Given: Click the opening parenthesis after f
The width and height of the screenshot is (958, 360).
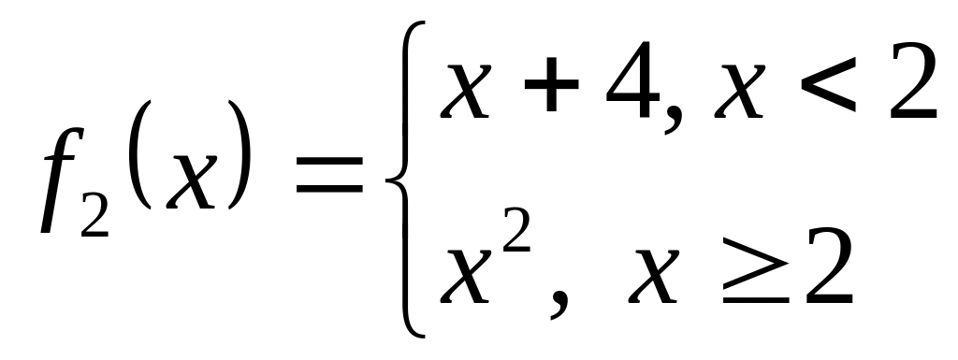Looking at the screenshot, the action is tap(140, 154).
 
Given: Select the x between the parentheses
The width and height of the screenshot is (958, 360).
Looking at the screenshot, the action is tap(192, 180).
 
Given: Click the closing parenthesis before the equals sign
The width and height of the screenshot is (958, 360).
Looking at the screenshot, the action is tap(239, 154).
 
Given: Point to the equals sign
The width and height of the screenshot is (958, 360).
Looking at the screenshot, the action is tap(329, 175).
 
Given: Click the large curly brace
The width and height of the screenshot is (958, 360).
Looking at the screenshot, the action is tap(404, 180).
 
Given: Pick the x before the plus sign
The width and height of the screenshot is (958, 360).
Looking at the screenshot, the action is tap(466, 91).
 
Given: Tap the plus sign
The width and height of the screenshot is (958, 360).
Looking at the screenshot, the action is tap(551, 85).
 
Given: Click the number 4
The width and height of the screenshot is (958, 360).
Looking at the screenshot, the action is tap(632, 79).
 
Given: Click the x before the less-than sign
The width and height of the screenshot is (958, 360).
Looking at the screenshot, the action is tap(740, 91).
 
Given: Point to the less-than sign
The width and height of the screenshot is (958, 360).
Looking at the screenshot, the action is tap(828, 85).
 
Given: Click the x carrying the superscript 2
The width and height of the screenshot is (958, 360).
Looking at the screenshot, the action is tap(466, 276).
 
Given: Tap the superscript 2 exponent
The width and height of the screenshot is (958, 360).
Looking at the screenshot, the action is tap(516, 230).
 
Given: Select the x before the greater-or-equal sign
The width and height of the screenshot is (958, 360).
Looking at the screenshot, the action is tap(654, 276).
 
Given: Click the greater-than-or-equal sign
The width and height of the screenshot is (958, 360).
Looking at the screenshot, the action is tap(755, 271).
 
